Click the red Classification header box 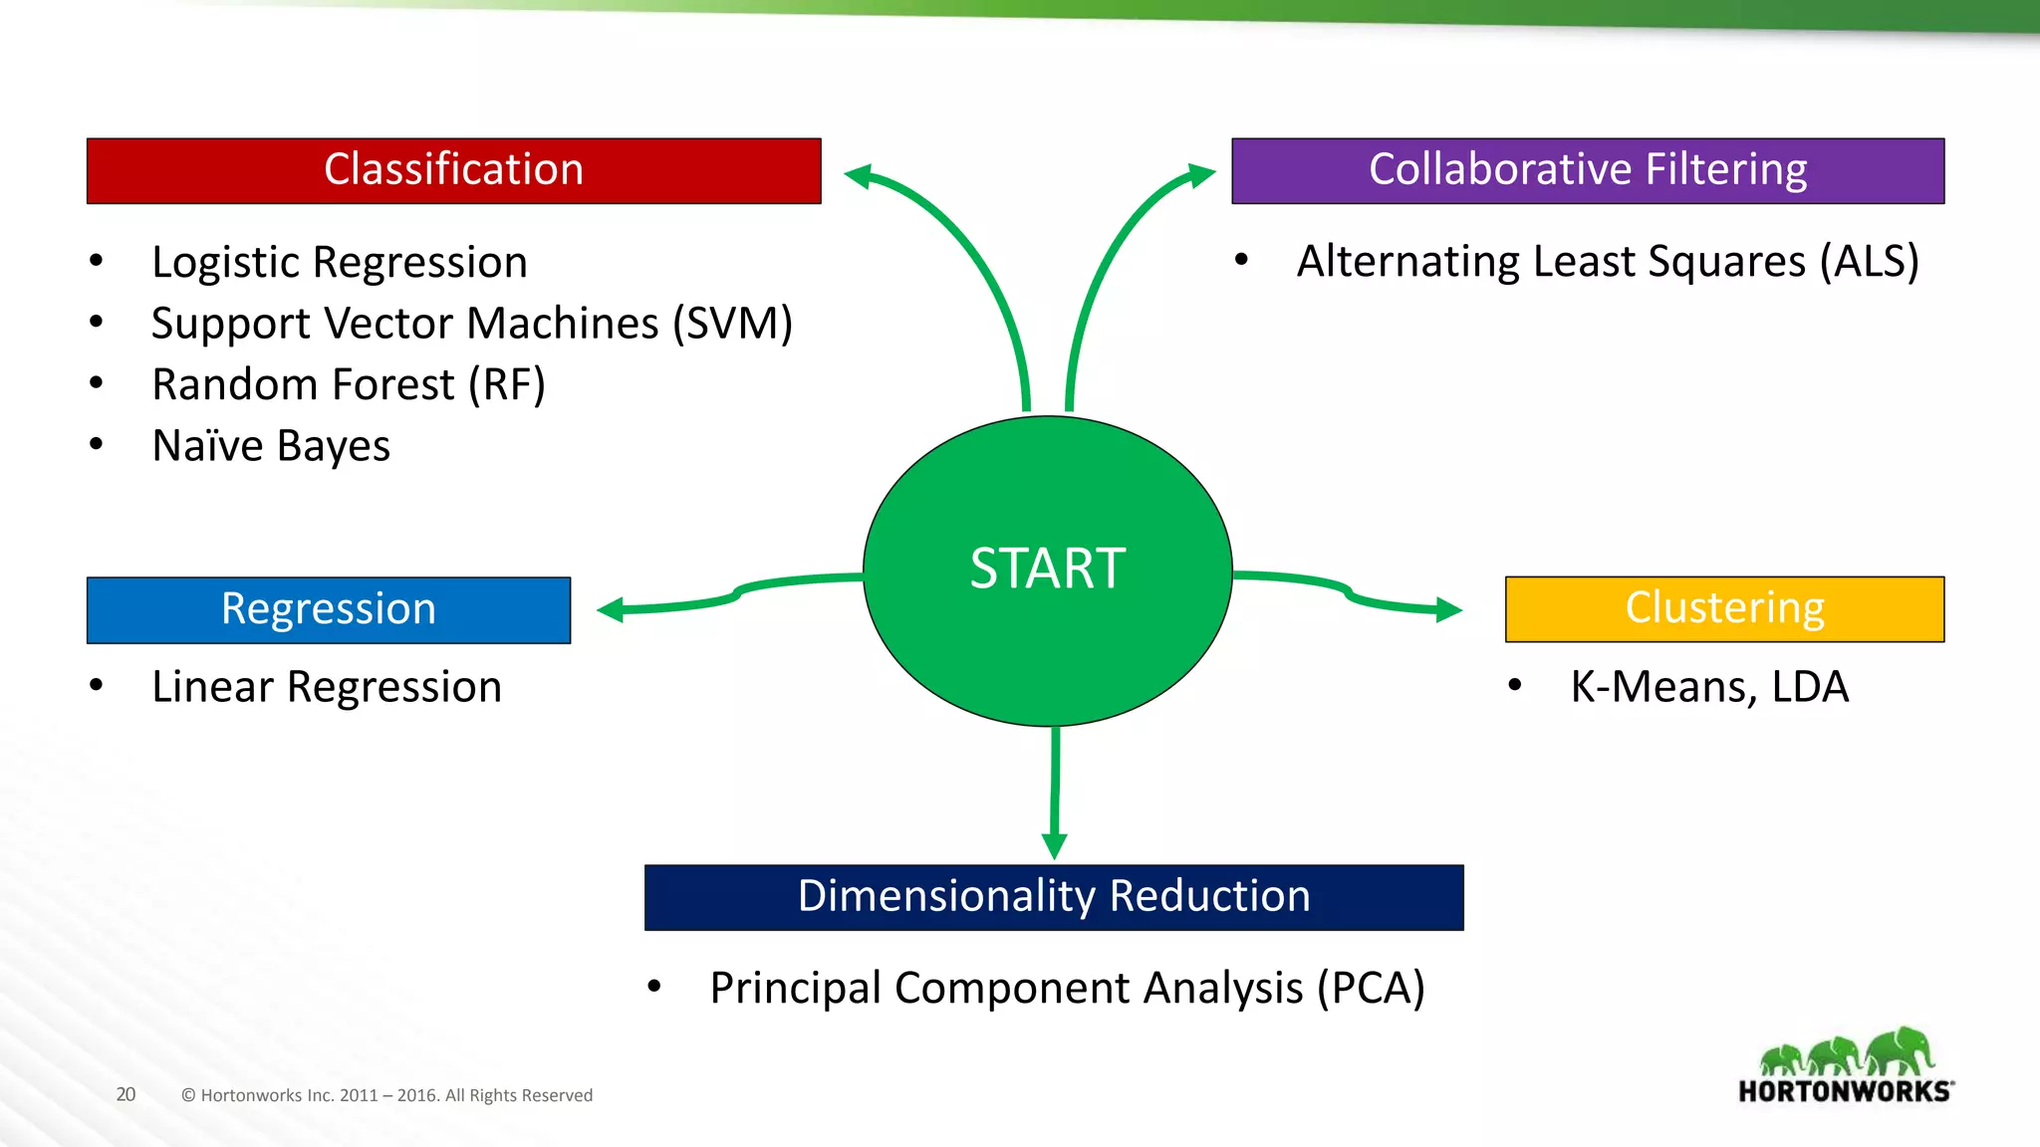[453, 170]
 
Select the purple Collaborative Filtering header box [1587, 170]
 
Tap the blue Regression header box [328, 609]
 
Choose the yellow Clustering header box [1723, 608]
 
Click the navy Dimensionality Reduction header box [1053, 897]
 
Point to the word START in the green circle [1047, 570]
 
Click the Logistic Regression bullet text [339, 263]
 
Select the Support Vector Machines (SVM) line [471, 324]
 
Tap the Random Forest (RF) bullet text [348, 385]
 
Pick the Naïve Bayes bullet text [270, 446]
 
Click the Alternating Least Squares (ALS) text [1607, 262]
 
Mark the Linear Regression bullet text [326, 687]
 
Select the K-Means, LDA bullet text [1708, 687]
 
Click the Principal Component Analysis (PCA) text [1066, 988]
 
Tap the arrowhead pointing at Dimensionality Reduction [1054, 845]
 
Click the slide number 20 [126, 1094]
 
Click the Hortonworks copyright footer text [386, 1095]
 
